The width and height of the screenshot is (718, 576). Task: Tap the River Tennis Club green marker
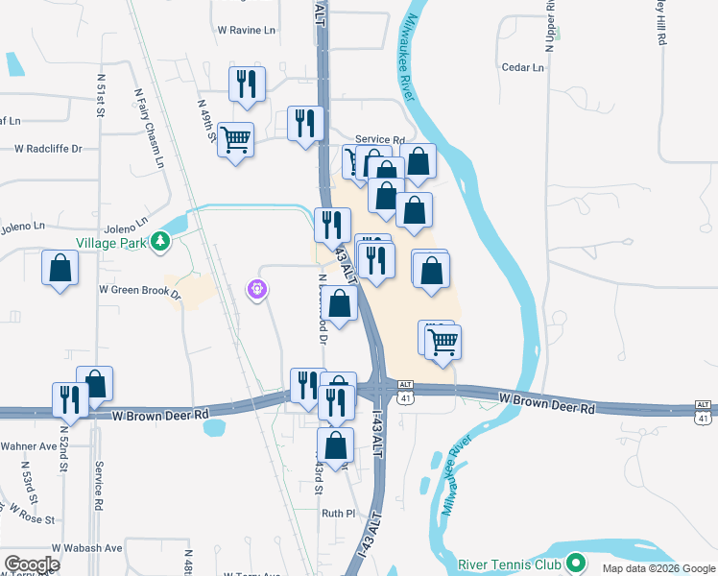(576, 563)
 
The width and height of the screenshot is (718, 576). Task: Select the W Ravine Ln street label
(246, 30)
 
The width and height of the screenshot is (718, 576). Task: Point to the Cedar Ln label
(523, 67)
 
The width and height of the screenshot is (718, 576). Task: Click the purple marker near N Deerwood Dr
(256, 288)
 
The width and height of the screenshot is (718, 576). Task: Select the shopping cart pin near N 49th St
(235, 140)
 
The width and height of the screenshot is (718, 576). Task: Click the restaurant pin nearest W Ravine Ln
(247, 84)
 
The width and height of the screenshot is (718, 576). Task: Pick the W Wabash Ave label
(87, 548)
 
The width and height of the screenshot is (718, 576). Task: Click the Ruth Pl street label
(339, 514)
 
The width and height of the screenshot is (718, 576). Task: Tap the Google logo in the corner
(31, 564)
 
